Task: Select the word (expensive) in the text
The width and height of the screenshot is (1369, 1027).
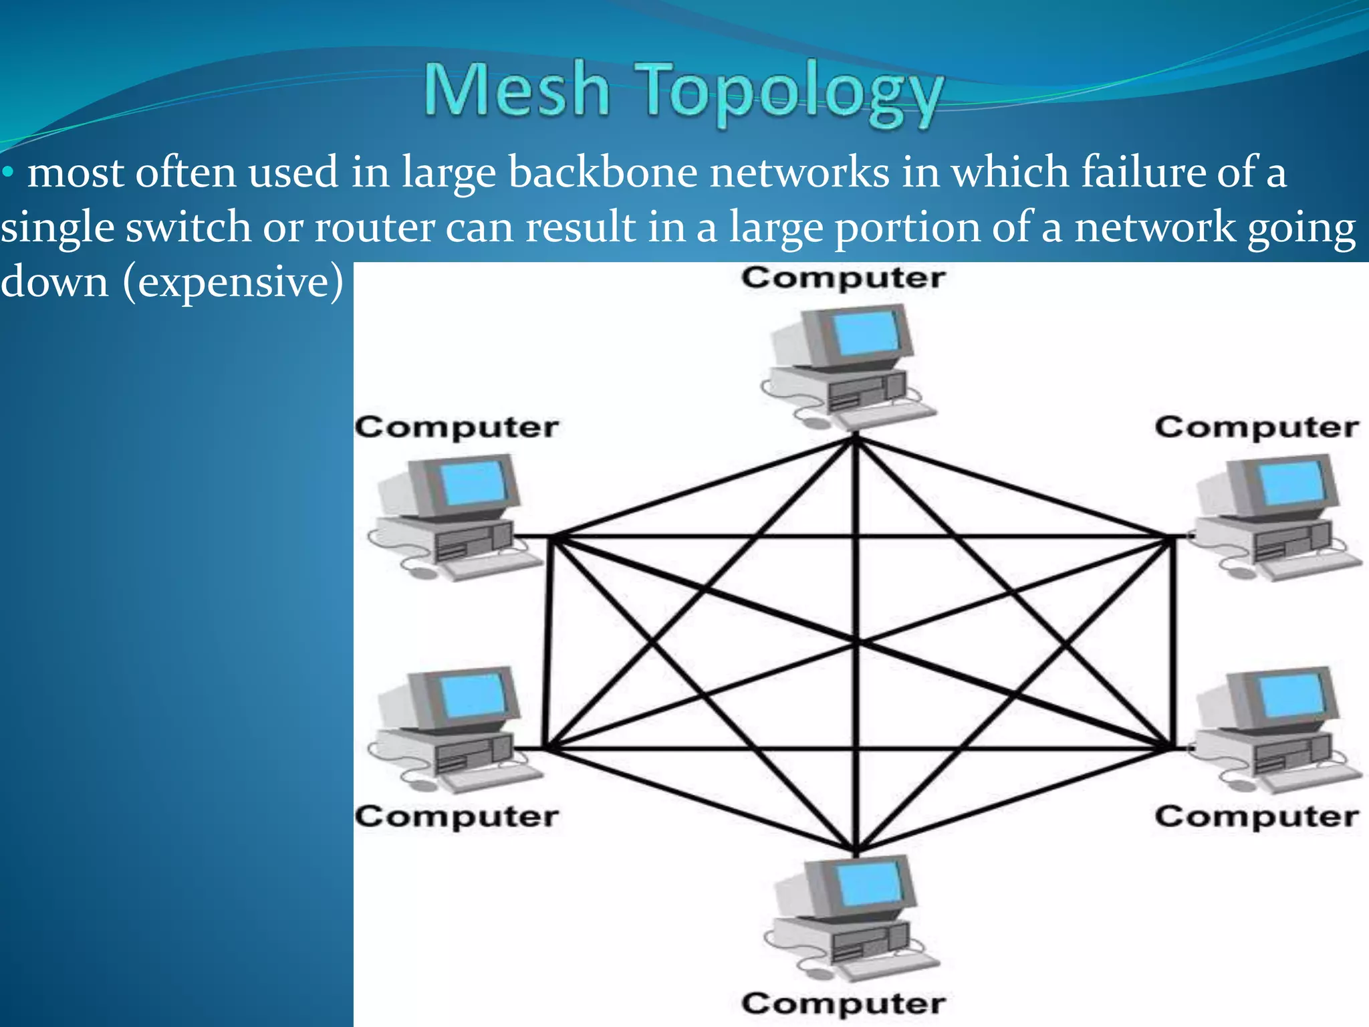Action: coord(233,282)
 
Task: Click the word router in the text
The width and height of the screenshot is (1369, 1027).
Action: coord(374,227)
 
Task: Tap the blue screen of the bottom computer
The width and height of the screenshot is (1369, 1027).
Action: coord(868,883)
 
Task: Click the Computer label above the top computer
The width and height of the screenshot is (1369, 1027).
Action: coord(843,277)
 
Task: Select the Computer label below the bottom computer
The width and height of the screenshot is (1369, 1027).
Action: coord(843,1003)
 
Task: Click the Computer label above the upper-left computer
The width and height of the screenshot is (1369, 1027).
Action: coord(457,427)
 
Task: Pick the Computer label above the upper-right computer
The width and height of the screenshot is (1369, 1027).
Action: coord(1256,427)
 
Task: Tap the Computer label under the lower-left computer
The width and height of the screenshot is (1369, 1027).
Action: coord(457,816)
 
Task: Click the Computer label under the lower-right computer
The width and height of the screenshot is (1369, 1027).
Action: coord(1256,816)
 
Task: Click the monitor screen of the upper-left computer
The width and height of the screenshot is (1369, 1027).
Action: coord(473,483)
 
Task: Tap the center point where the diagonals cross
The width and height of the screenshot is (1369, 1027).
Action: coord(857,643)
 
